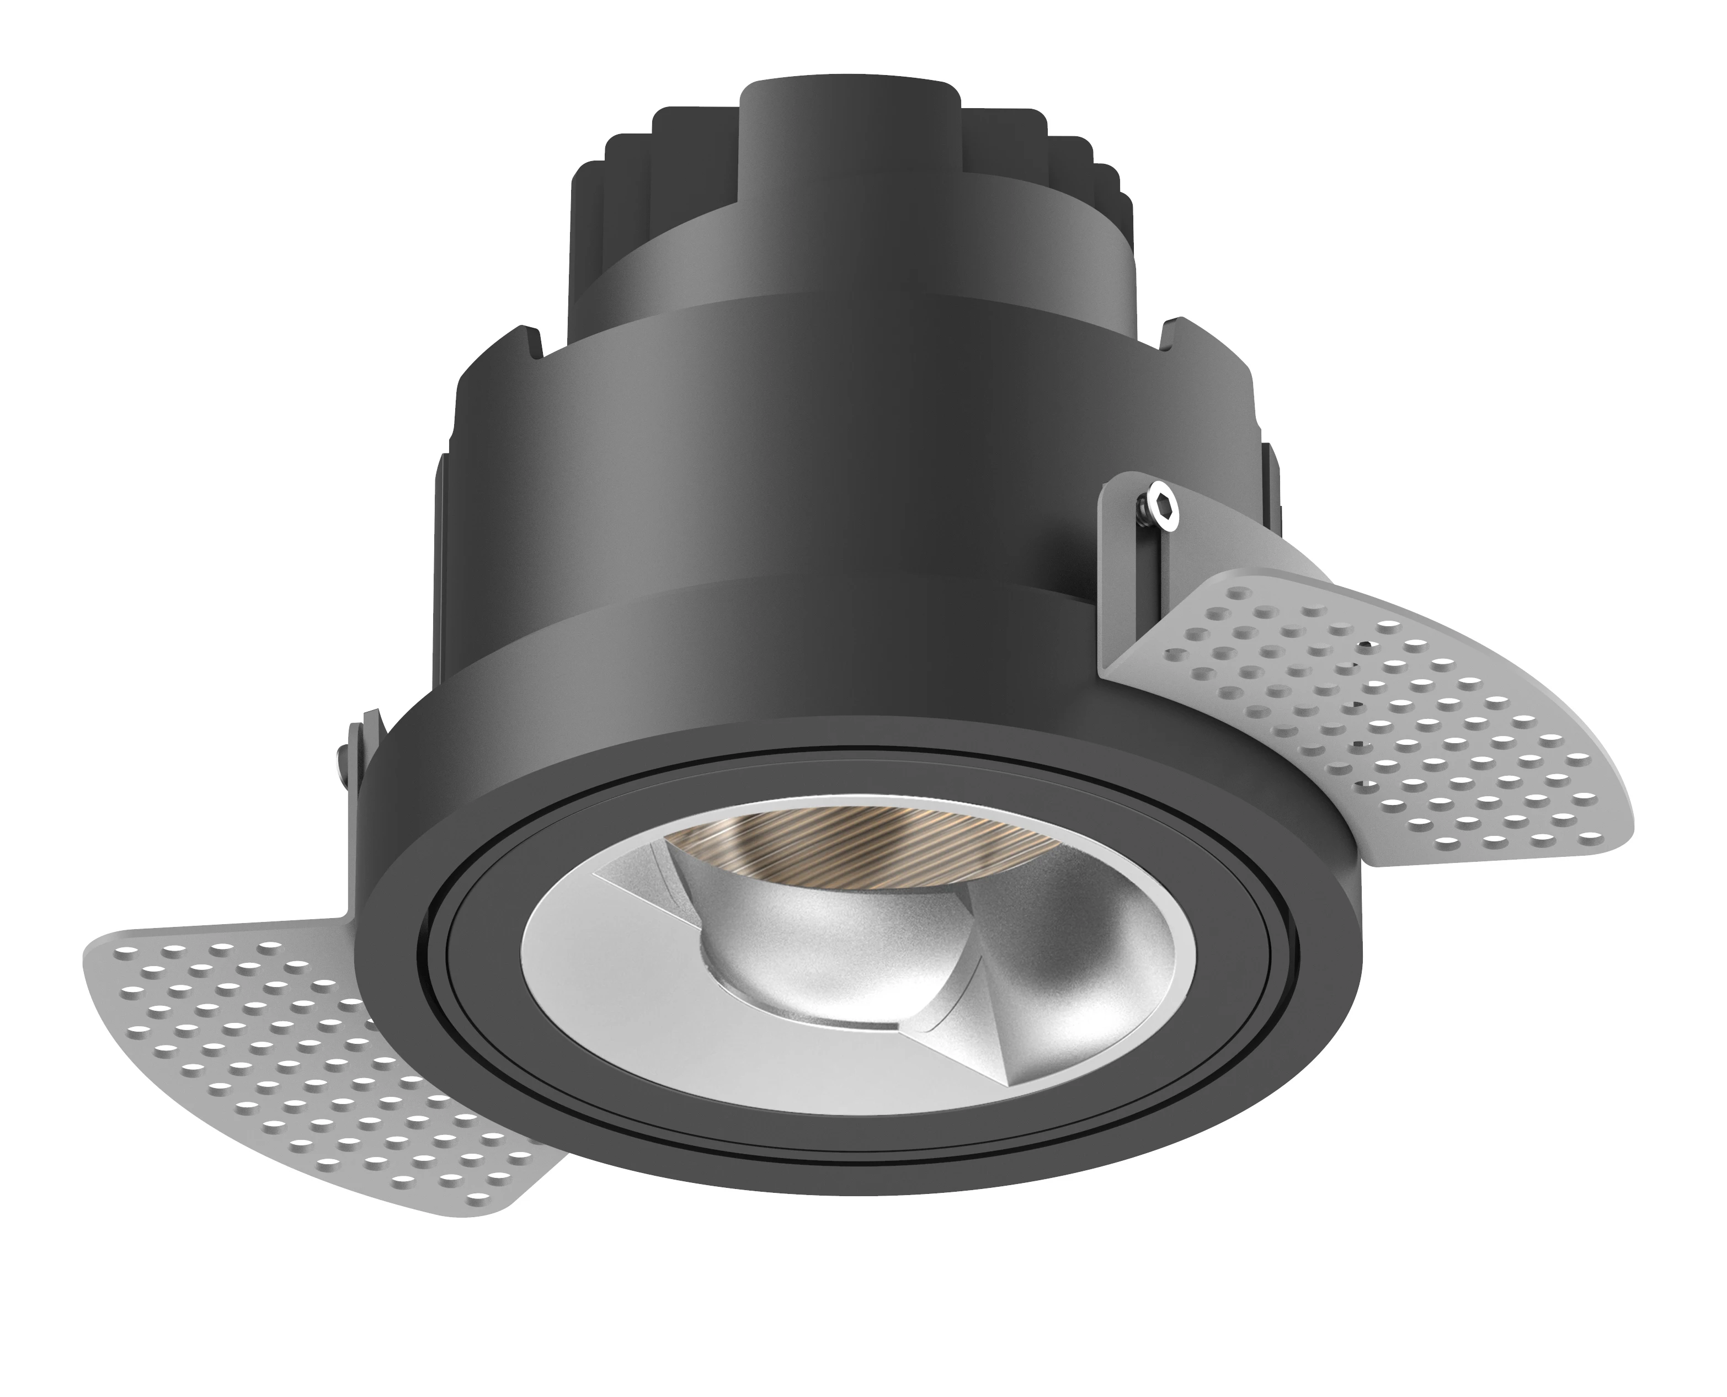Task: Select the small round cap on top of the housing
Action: [x=849, y=121]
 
